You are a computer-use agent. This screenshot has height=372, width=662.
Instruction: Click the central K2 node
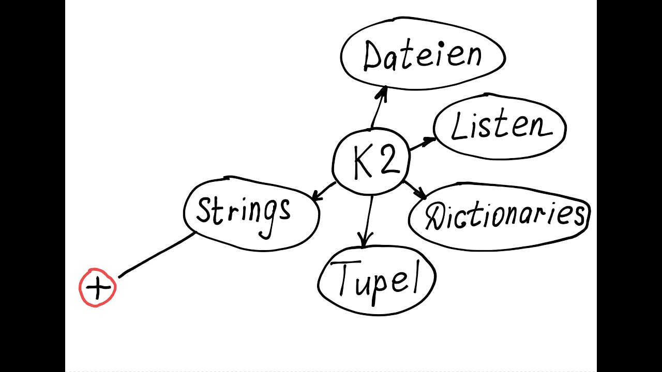[x=371, y=161]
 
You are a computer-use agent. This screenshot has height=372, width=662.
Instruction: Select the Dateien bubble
[x=422, y=56]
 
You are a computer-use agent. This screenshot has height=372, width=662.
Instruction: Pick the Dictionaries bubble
[x=500, y=216]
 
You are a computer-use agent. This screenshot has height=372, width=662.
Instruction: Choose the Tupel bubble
[x=377, y=280]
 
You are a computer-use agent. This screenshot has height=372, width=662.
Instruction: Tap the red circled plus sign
[x=97, y=288]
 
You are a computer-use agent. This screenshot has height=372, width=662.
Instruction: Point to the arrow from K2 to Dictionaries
[x=415, y=189]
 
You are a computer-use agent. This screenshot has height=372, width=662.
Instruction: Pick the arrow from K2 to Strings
[x=323, y=191]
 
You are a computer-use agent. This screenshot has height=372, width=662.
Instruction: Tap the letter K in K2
[x=362, y=162]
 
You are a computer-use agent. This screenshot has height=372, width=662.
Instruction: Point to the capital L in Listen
[x=458, y=127]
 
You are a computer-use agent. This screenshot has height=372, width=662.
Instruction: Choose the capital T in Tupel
[x=344, y=276]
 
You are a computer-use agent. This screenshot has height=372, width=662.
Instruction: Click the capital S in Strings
[x=205, y=211]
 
